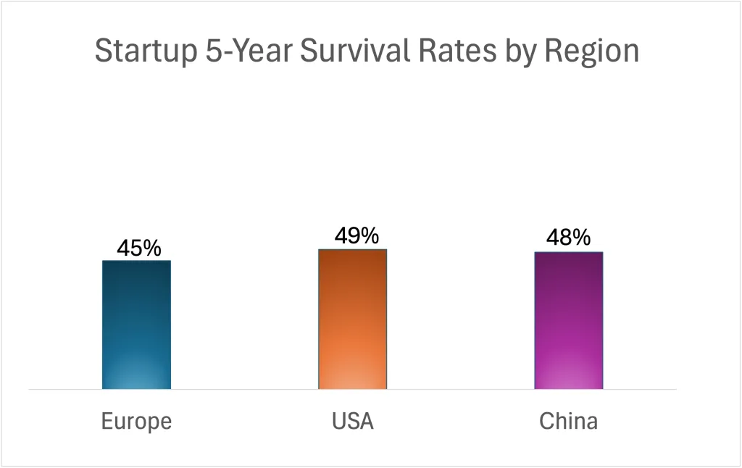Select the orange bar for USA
tap(352, 319)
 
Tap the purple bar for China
tap(568, 320)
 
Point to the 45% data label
tap(139, 248)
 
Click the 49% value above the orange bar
tap(356, 236)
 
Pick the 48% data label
tap(568, 238)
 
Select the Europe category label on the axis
tap(136, 421)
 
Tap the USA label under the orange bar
tap(352, 421)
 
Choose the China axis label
tap(568, 421)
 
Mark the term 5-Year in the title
tap(235, 51)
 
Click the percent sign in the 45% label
tap(151, 248)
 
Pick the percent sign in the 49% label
tap(368, 236)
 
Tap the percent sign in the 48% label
tap(581, 238)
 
